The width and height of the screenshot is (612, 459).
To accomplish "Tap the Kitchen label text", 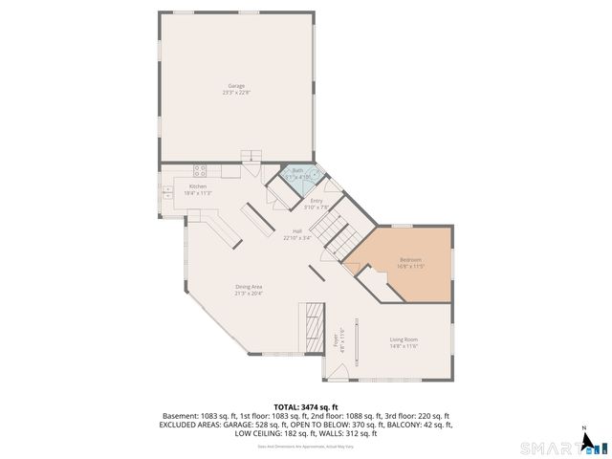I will tap(197, 186).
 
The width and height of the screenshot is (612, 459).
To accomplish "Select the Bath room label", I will tap(297, 170).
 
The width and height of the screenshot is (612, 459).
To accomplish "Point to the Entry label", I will tap(316, 201).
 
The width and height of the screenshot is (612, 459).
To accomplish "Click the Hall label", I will tap(296, 231).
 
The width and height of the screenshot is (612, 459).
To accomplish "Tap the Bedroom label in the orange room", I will tap(410, 259).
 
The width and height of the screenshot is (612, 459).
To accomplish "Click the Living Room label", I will tap(404, 339).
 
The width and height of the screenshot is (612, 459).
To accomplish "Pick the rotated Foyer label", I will tap(336, 340).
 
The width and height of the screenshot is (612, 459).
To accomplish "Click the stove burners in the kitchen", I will tap(201, 171).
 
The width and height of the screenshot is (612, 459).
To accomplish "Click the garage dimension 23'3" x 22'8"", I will tap(234, 93).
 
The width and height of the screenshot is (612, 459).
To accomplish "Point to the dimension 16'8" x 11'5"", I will tap(410, 266).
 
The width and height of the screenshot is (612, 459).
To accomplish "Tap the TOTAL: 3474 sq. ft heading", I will tap(306, 406).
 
